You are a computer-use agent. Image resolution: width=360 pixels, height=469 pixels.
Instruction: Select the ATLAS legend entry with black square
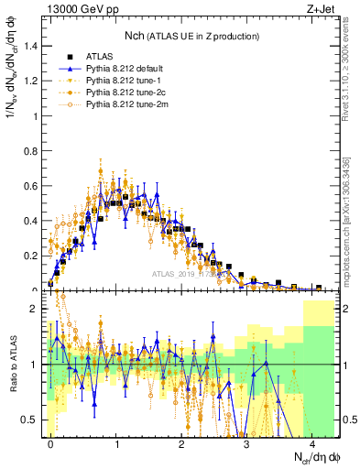(104, 56)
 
